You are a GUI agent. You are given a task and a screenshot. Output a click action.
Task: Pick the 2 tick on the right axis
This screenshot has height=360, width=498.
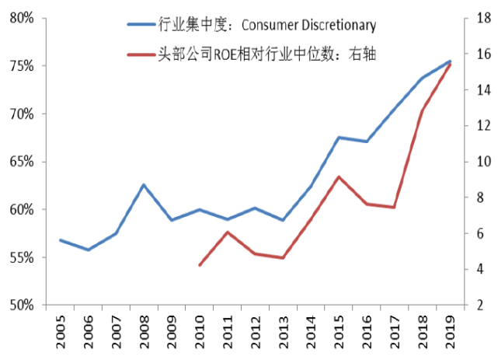tap(479, 305)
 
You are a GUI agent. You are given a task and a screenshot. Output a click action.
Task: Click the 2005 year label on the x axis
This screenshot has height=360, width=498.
tap(60, 330)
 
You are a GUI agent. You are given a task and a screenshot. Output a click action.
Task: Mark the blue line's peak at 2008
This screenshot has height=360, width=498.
tap(144, 184)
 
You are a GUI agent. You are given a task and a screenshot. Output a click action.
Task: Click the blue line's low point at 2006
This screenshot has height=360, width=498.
tap(88, 250)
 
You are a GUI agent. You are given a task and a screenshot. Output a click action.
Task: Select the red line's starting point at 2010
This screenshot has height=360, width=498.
tap(200, 265)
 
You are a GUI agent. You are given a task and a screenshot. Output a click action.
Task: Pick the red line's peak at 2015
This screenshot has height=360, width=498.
tap(338, 177)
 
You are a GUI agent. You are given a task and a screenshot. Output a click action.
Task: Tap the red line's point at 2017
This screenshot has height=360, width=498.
tap(394, 207)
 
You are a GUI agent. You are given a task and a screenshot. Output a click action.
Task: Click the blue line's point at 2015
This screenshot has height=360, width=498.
tap(338, 138)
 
